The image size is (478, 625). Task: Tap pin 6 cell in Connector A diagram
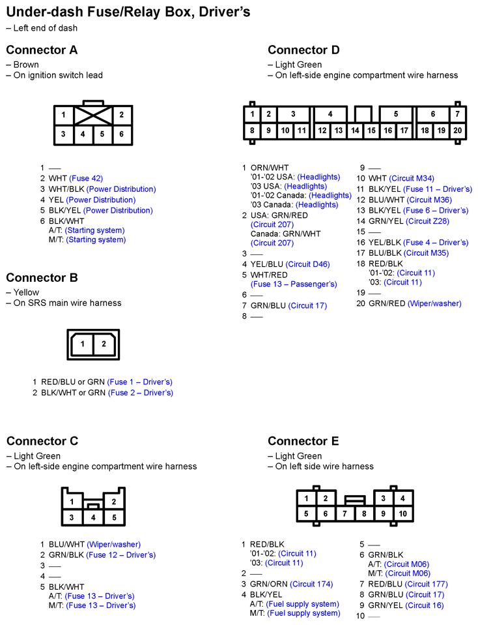pyautogui.click(x=121, y=135)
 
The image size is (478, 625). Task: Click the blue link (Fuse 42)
pyautogui.click(x=86, y=178)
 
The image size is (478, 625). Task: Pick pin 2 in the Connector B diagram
pyautogui.click(x=104, y=344)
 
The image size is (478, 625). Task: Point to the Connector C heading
pyautogui.click(x=42, y=441)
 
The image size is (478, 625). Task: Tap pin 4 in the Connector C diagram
pyautogui.click(x=93, y=517)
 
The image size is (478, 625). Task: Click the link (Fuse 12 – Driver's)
pyautogui.click(x=121, y=555)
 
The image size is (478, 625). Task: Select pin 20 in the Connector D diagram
pyautogui.click(x=458, y=130)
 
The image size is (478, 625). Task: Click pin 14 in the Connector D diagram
pyautogui.click(x=355, y=130)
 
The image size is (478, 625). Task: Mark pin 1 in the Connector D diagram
pyautogui.click(x=252, y=114)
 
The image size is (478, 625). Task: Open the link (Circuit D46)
pyautogui.click(x=307, y=264)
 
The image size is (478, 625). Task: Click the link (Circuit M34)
pyautogui.click(x=412, y=179)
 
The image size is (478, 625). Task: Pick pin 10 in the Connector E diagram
pyautogui.click(x=402, y=514)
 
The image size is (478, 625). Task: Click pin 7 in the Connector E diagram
pyautogui.click(x=344, y=514)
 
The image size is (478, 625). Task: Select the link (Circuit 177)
pyautogui.click(x=426, y=584)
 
